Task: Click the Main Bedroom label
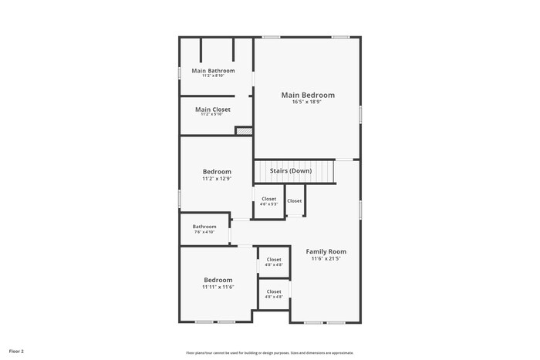(x=308, y=96)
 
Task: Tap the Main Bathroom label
(x=213, y=71)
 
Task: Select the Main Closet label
(x=213, y=109)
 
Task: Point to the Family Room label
(x=326, y=251)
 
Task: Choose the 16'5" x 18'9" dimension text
(x=308, y=103)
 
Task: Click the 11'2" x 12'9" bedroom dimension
(x=217, y=178)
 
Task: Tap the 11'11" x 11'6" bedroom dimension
(x=218, y=287)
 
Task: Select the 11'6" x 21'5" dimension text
(x=326, y=259)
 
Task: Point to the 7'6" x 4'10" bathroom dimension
(x=204, y=232)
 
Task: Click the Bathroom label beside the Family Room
(x=204, y=227)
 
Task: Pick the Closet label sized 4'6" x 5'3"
(x=268, y=199)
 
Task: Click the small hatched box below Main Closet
(x=244, y=131)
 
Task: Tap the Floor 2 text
(x=17, y=351)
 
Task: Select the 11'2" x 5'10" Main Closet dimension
(x=213, y=115)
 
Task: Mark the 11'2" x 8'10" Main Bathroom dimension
(x=213, y=76)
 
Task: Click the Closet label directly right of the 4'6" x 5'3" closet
(x=295, y=201)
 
